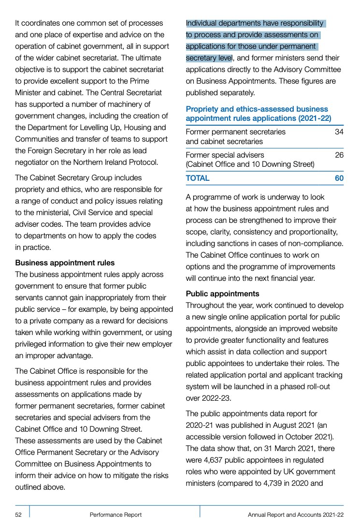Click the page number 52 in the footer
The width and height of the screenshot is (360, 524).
[18, 515]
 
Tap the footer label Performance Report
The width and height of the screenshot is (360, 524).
[115, 515]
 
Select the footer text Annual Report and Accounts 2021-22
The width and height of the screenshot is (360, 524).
[296, 515]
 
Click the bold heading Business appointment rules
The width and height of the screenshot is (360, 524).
[65, 263]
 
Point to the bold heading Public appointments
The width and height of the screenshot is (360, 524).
[222, 294]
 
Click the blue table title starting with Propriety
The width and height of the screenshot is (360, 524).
[258, 114]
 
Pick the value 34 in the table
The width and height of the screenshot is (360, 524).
[339, 132]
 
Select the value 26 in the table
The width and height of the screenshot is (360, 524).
[339, 155]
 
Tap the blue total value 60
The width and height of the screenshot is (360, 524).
[339, 178]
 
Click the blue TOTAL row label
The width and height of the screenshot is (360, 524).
[198, 178]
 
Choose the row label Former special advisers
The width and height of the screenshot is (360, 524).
[225, 155]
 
